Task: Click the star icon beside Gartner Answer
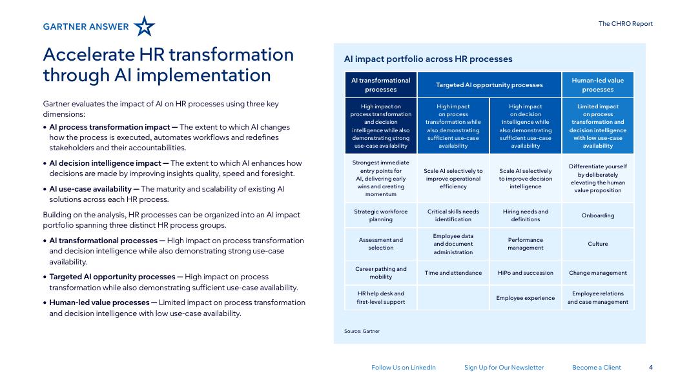pos(144,26)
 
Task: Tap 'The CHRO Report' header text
pos(625,24)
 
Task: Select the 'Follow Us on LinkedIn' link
pos(404,367)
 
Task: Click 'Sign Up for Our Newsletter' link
pos(504,367)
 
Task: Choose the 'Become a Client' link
pos(596,367)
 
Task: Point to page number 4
pos(651,367)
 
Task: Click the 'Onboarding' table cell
pos(597,215)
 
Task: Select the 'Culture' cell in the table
pos(597,244)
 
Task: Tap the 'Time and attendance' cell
pos(453,273)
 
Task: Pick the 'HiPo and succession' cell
pos(526,273)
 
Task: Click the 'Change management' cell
pos(597,273)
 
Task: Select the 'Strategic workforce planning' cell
pos(380,215)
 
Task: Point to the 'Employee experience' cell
pos(526,298)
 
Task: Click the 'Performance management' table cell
pos(526,244)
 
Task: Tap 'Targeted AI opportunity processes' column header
pos(489,84)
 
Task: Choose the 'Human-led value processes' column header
pos(597,84)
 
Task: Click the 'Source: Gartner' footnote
pos(362,332)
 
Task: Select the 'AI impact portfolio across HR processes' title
pos(428,59)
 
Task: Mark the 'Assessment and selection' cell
pos(380,244)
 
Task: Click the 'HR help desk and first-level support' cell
pos(380,298)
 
